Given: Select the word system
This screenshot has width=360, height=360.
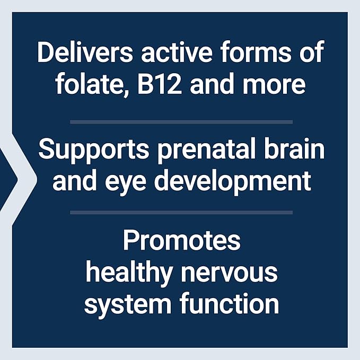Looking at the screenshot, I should click(120, 304).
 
